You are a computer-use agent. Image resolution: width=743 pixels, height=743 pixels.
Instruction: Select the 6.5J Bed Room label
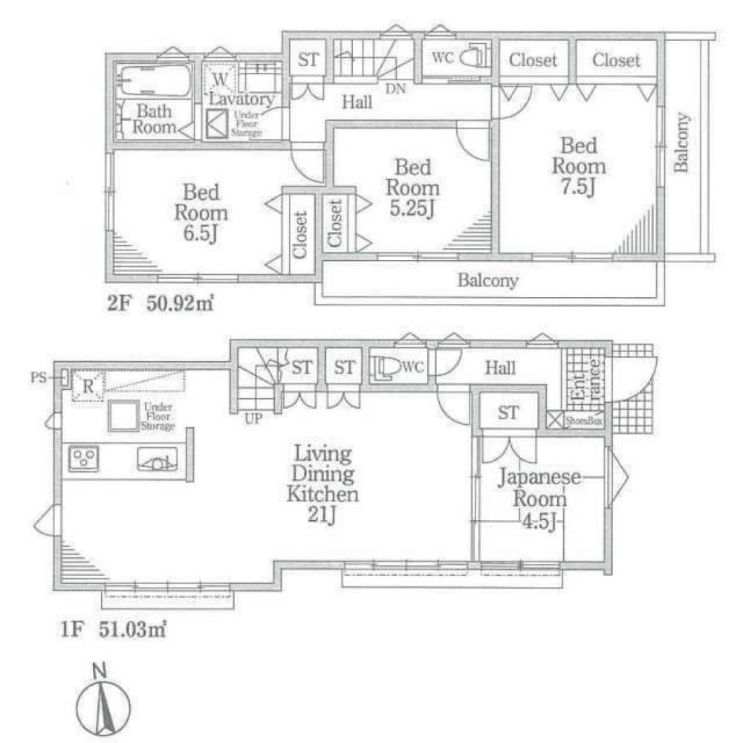pos(200,214)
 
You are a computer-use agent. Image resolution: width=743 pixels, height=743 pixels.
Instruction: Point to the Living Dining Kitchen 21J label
pos(324,484)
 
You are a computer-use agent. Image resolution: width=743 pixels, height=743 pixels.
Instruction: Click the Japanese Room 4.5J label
pos(540,499)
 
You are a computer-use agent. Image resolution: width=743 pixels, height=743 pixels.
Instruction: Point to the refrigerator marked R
pos(87,386)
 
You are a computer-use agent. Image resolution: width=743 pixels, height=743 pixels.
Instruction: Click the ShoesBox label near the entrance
pos(584,421)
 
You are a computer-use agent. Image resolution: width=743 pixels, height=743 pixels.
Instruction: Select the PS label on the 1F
pos(38,377)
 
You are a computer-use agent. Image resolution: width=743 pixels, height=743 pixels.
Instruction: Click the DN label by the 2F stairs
pos(396,88)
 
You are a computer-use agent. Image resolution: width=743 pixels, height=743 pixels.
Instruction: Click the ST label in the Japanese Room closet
pos(508,413)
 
